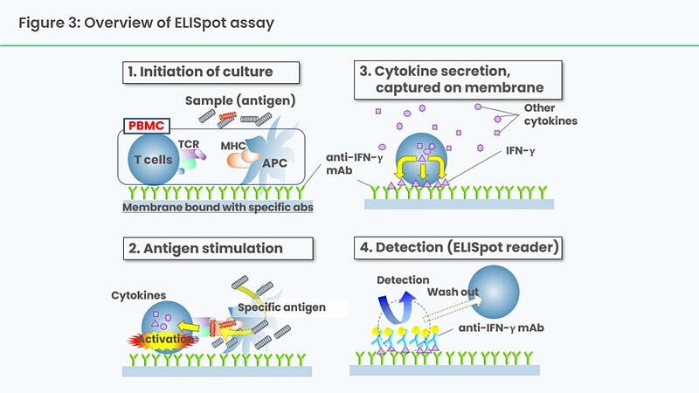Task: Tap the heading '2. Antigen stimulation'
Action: pos(205,248)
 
